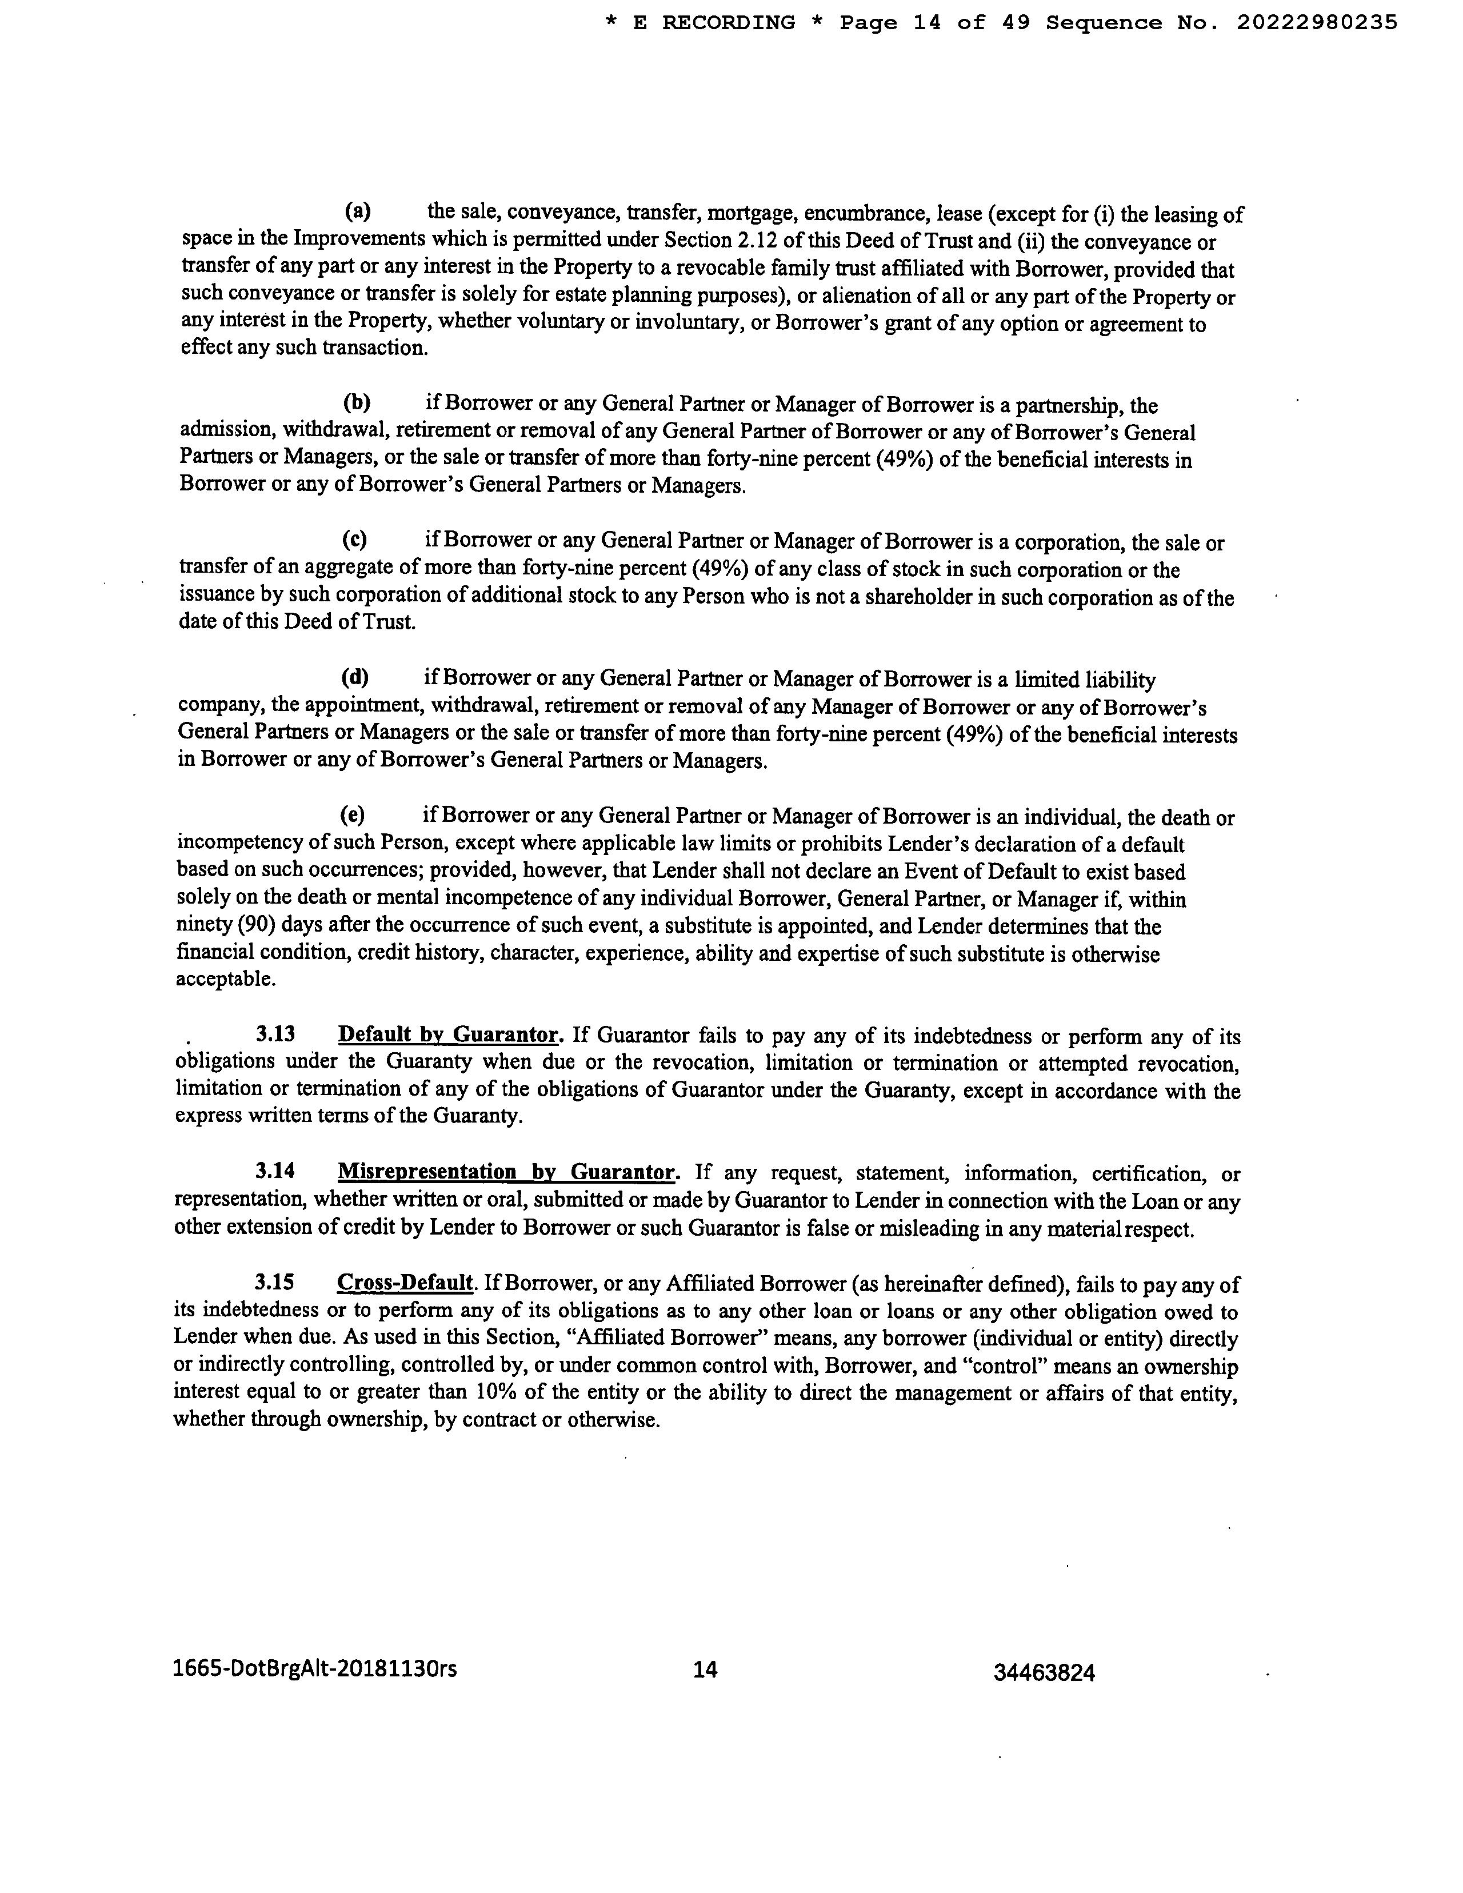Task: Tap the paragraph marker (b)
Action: pyautogui.click(x=356, y=402)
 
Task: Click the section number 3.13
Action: pyautogui.click(x=275, y=1034)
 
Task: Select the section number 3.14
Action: pyautogui.click(x=275, y=1171)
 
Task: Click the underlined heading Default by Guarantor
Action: pyautogui.click(x=448, y=1035)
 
